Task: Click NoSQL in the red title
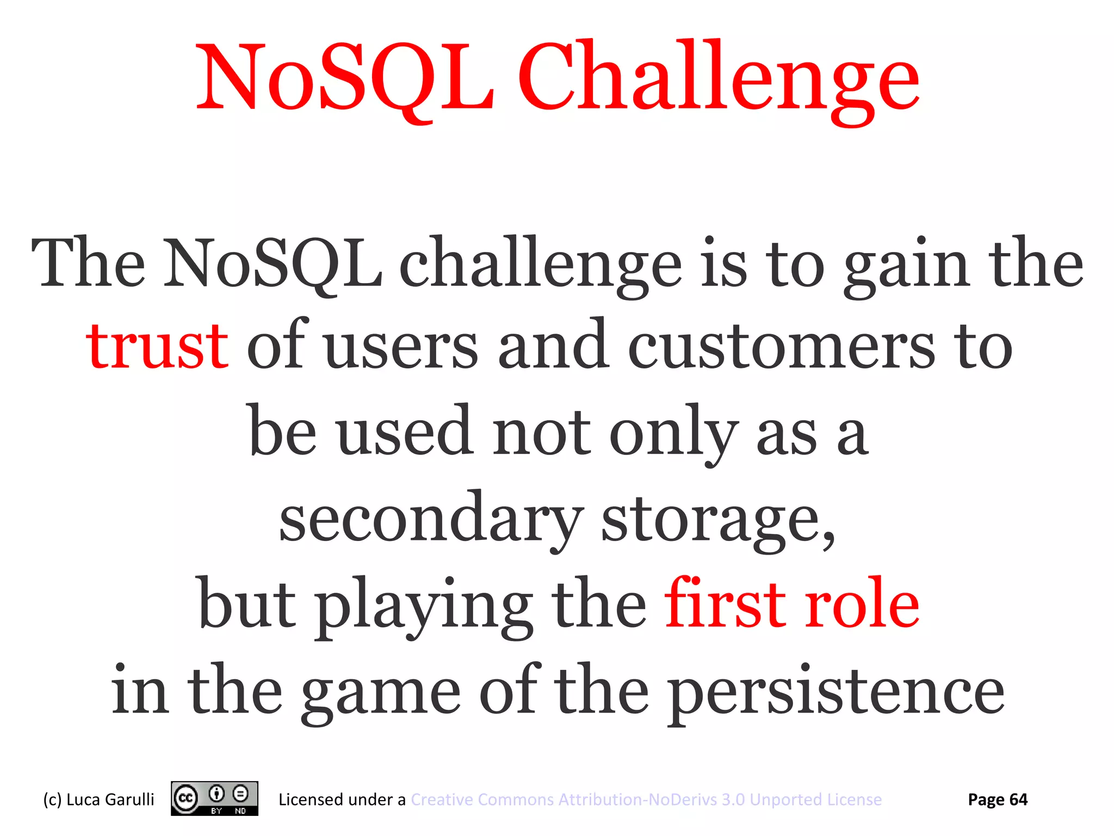click(x=345, y=76)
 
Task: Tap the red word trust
click(x=157, y=346)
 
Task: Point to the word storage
click(x=718, y=520)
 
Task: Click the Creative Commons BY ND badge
click(x=214, y=798)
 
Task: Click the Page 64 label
click(x=998, y=799)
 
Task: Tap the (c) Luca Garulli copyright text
click(x=98, y=799)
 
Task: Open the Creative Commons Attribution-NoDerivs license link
click(x=646, y=799)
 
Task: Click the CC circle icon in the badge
click(x=185, y=798)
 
